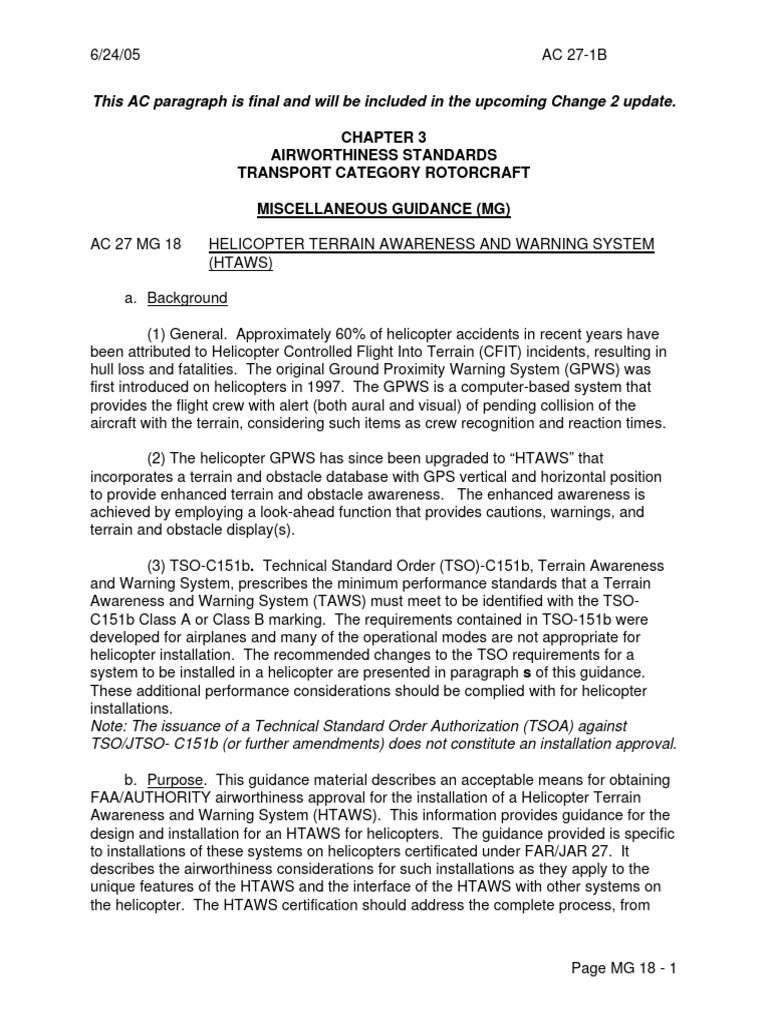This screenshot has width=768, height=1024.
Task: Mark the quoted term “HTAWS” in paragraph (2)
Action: tap(574, 460)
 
